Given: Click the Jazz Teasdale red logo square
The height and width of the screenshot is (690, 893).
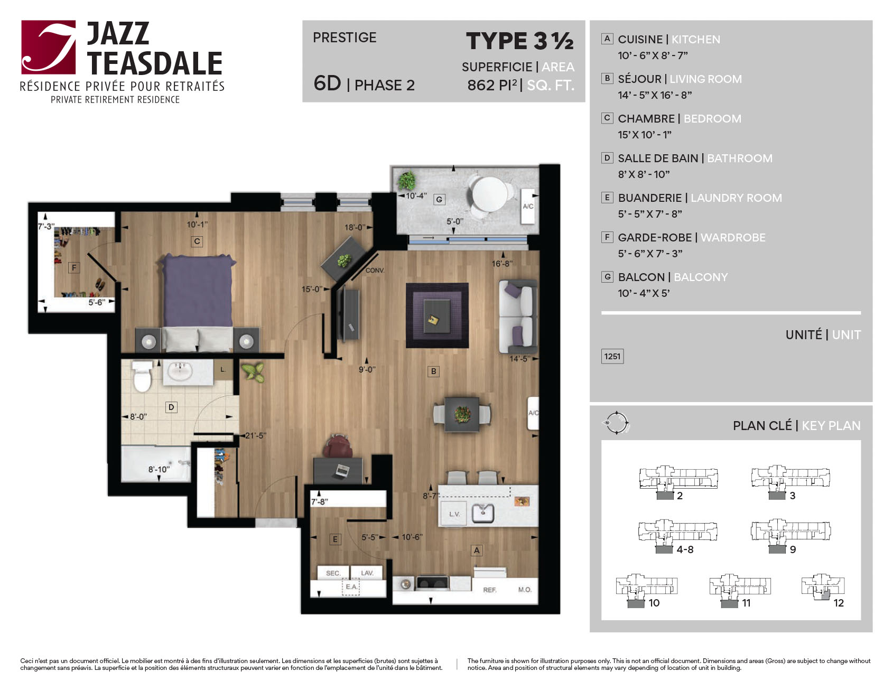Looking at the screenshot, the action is [49, 47].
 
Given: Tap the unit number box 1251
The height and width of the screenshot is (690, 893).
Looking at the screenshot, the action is [612, 356].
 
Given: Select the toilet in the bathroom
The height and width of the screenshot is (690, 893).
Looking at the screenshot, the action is [142, 376].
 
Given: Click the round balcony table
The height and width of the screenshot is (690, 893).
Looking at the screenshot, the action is [489, 194].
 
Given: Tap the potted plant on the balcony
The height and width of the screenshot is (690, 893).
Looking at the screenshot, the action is [407, 181].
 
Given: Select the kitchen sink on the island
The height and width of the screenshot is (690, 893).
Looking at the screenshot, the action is [483, 512].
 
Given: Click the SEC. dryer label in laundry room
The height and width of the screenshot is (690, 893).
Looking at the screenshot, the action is [333, 573].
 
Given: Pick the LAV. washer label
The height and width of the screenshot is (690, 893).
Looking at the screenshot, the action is [367, 573].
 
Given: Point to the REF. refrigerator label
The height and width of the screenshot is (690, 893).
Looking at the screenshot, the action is [490, 590].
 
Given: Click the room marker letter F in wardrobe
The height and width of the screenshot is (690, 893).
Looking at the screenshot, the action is [74, 268].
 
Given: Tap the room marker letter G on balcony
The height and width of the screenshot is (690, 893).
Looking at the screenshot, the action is [439, 199].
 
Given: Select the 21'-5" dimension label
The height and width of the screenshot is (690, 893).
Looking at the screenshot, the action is [256, 436].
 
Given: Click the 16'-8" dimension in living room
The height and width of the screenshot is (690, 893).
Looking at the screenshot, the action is [502, 263].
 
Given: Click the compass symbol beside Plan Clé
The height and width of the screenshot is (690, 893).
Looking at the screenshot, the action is [616, 423].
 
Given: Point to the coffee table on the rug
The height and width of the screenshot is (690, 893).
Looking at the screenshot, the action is [437, 316].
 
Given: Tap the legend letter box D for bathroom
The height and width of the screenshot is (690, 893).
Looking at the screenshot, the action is [607, 157].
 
